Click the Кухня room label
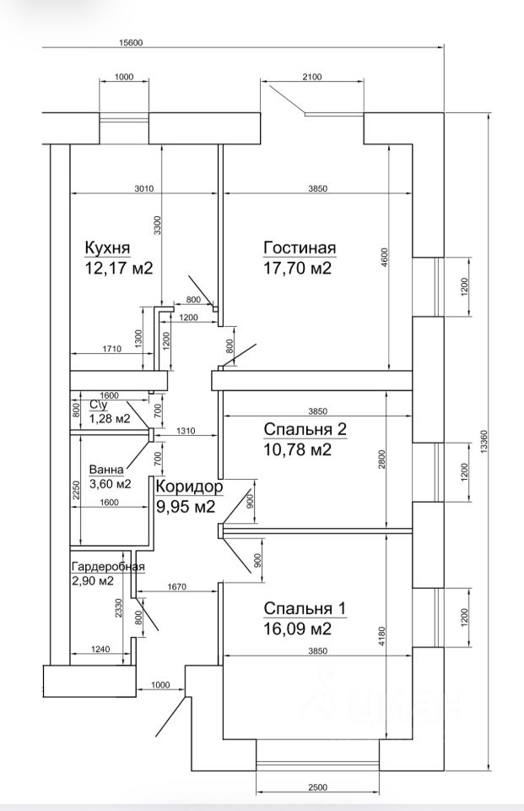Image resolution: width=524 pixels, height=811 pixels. click(107, 248)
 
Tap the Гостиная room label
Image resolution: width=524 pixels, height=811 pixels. click(300, 248)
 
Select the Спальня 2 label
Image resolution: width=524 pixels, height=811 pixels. click(305, 430)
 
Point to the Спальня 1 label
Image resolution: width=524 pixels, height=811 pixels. click(305, 609)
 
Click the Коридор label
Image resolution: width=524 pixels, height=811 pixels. click(189, 487)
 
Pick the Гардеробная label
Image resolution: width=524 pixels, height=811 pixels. click(108, 567)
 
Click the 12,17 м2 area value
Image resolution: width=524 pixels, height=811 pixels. click(118, 269)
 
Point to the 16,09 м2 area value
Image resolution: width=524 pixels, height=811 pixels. click(297, 630)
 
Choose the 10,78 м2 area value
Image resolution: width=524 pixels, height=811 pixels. click(297, 450)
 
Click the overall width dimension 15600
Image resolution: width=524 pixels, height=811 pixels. click(132, 43)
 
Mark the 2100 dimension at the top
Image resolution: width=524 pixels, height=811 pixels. click(311, 77)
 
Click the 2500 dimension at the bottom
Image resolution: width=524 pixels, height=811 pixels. click(317, 788)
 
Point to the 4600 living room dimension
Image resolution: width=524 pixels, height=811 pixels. click(383, 257)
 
